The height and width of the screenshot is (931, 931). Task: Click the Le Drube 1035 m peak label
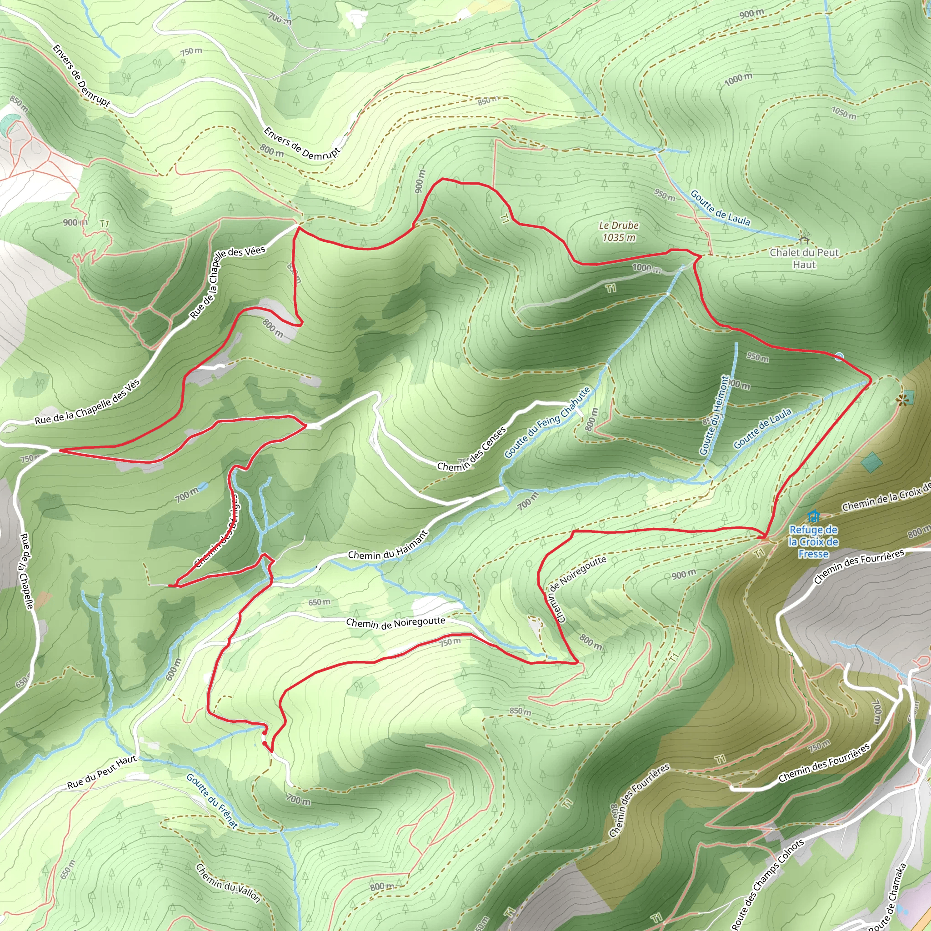pyautogui.click(x=619, y=231)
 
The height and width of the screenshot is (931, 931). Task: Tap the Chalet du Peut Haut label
pyautogui.click(x=804, y=258)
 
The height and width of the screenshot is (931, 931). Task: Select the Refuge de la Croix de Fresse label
pyautogui.click(x=813, y=541)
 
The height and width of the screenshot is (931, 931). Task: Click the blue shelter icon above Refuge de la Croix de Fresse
pyautogui.click(x=814, y=516)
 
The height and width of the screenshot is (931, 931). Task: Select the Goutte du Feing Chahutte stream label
pyautogui.click(x=547, y=423)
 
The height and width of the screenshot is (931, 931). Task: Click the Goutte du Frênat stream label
pyautogui.click(x=212, y=801)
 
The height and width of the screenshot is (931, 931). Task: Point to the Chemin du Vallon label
pyautogui.click(x=228, y=883)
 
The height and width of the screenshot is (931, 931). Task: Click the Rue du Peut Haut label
pyautogui.click(x=102, y=772)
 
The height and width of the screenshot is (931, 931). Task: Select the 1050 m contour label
pyautogui.click(x=844, y=113)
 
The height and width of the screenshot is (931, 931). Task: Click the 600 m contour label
pyautogui.click(x=174, y=669)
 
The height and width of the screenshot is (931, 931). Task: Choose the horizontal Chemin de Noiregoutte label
pyautogui.click(x=395, y=623)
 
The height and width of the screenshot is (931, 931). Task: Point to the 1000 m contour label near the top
pyautogui.click(x=738, y=80)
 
